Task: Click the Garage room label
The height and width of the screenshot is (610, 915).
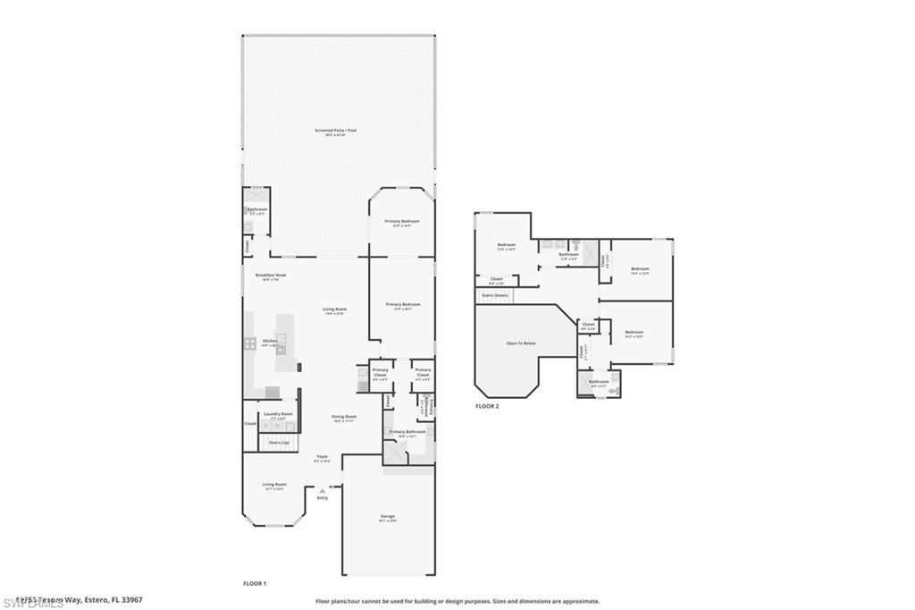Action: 388,518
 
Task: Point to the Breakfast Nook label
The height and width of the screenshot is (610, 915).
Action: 270,277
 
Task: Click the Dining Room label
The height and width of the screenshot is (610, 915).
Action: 345,418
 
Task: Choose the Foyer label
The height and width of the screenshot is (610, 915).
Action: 323,459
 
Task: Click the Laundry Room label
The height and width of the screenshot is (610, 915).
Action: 278,415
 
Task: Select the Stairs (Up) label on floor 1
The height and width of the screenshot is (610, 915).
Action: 279,442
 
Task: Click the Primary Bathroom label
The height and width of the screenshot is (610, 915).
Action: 407,433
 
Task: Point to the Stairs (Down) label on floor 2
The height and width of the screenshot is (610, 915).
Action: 495,294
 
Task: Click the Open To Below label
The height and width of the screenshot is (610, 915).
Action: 521,343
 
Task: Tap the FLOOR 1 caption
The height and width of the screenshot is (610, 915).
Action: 255,583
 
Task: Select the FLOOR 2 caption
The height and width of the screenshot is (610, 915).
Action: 487,405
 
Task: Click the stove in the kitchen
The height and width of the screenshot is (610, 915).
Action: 250,343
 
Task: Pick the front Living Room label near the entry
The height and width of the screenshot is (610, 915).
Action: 273,487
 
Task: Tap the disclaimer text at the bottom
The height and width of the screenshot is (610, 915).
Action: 457,601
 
